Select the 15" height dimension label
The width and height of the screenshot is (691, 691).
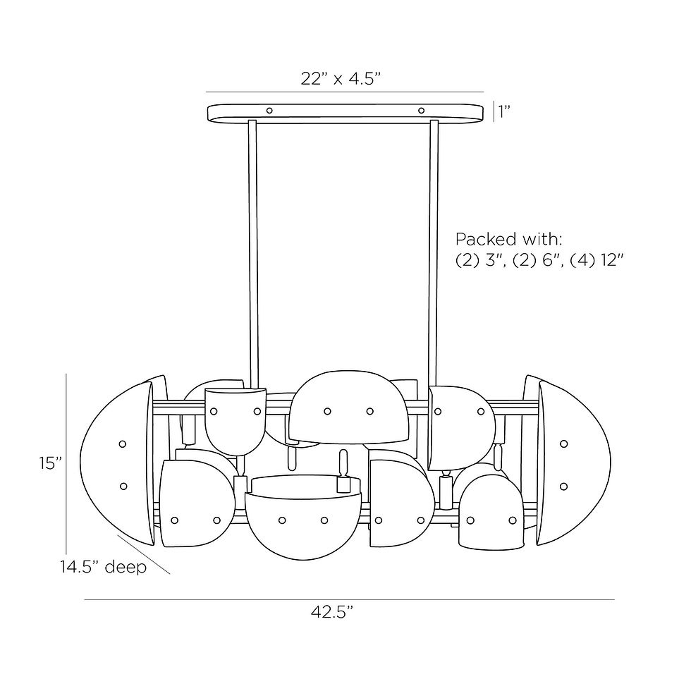click(50, 463)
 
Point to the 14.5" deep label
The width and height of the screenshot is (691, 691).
click(103, 567)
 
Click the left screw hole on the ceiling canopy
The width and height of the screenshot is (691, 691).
click(269, 110)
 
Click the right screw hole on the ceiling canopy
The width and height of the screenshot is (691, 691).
click(421, 110)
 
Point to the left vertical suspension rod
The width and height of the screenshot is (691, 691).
click(251, 247)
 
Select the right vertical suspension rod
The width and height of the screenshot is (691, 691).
click(433, 247)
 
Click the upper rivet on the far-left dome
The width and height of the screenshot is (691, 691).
click(122, 444)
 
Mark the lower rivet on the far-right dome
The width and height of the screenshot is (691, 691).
click(563, 486)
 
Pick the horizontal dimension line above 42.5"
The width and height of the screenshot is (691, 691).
click(349, 600)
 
